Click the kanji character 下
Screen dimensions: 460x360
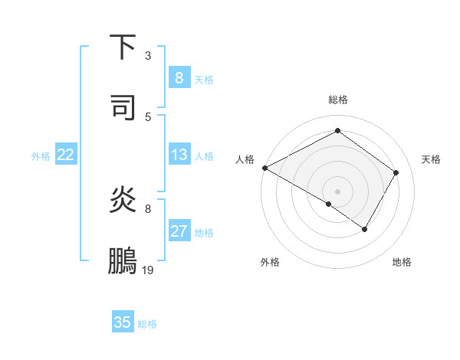123,47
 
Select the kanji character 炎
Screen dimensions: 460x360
123,200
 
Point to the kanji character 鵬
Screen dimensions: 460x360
123,260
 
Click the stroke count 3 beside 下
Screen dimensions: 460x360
148,55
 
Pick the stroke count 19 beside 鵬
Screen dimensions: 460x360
148,270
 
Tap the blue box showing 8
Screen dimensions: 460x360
179,77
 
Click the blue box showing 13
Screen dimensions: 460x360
179,155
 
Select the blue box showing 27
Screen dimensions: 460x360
179,231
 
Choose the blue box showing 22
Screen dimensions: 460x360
65,155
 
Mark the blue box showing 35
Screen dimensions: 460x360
123,322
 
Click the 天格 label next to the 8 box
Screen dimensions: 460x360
204,79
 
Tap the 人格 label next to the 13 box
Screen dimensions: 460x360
204,156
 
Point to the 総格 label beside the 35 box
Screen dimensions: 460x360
147,324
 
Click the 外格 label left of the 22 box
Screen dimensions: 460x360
41,156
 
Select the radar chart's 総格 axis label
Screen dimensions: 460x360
337,100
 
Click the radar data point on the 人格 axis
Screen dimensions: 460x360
264,168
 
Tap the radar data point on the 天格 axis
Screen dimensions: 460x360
396,172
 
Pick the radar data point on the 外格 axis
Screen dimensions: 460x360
329,204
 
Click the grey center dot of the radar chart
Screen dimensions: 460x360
337,191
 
